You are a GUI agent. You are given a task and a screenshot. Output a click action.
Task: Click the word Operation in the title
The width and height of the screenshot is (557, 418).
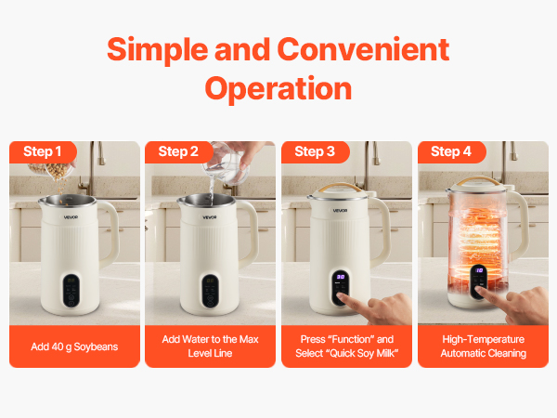tap(278, 88)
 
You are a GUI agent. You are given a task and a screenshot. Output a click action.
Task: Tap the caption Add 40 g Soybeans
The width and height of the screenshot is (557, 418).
tap(73, 346)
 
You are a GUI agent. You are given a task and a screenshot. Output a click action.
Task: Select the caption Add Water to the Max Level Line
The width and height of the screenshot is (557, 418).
tap(210, 346)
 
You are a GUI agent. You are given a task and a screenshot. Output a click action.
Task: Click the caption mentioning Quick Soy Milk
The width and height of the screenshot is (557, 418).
tap(346, 346)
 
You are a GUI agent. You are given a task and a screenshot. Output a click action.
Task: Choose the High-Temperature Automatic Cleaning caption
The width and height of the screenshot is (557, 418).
tap(483, 346)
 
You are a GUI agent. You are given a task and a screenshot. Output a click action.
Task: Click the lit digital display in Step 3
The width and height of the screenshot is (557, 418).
tap(341, 278)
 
